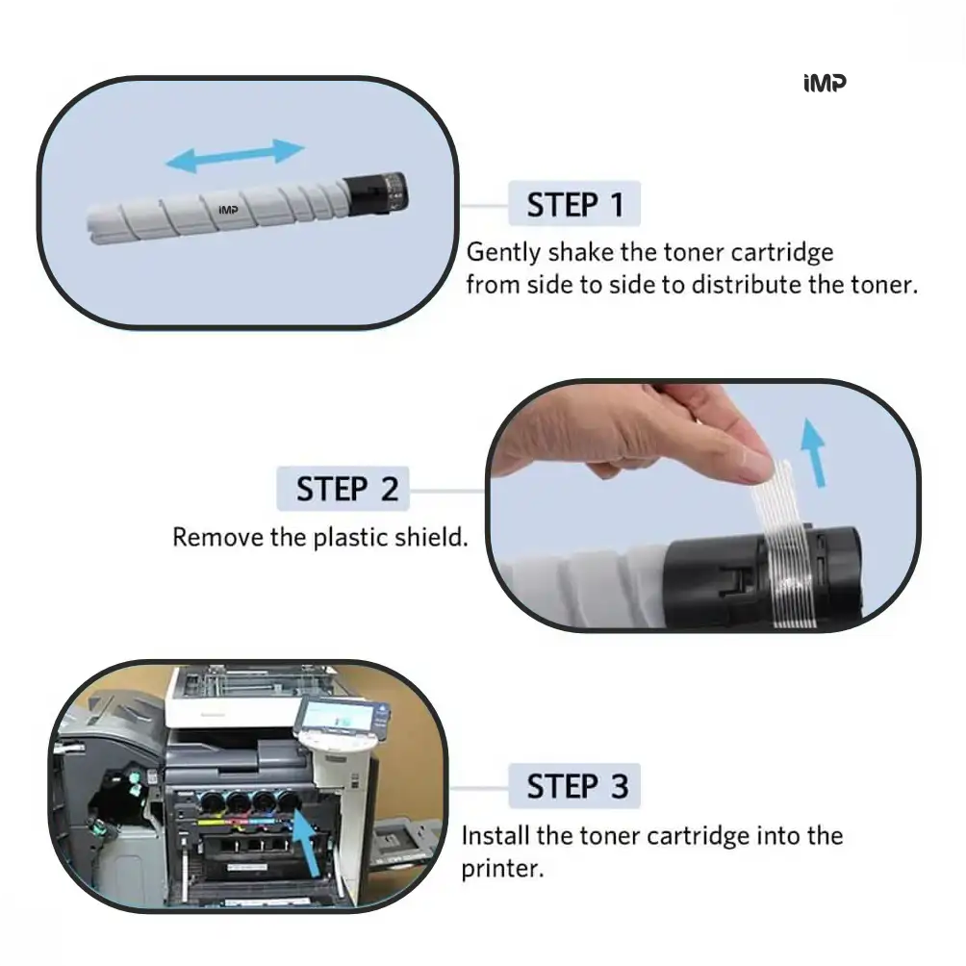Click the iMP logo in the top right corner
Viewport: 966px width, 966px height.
pyautogui.click(x=825, y=83)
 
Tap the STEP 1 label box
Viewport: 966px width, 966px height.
pyautogui.click(x=574, y=204)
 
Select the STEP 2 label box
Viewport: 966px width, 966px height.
pyautogui.click(x=343, y=489)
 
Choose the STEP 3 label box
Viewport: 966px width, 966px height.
pyautogui.click(x=574, y=786)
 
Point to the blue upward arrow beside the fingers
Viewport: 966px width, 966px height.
pyautogui.click(x=814, y=453)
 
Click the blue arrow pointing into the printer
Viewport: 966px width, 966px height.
pyautogui.click(x=306, y=843)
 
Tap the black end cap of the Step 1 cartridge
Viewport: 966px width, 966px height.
pyautogui.click(x=375, y=194)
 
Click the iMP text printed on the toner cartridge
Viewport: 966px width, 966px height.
pyautogui.click(x=228, y=210)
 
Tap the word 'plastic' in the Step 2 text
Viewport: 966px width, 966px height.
pyautogui.click(x=350, y=538)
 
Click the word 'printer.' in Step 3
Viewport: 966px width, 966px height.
pyautogui.click(x=502, y=869)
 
